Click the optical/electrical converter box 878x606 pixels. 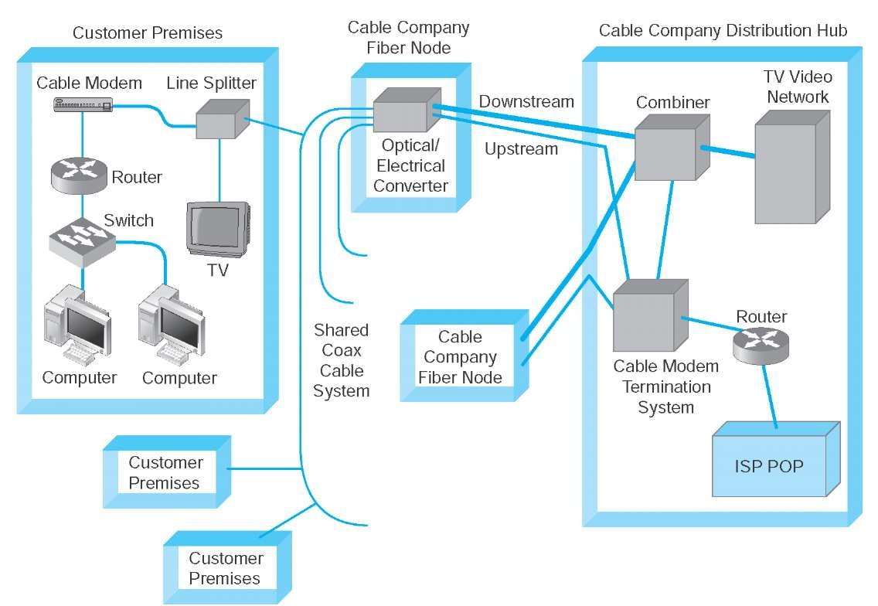point(400,111)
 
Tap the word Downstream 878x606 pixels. point(526,102)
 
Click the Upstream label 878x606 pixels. point(521,149)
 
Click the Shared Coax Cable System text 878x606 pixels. point(341,360)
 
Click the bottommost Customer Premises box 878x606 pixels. point(225,568)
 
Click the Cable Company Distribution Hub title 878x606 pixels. point(723,31)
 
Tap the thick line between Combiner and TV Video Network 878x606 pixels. point(727,151)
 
